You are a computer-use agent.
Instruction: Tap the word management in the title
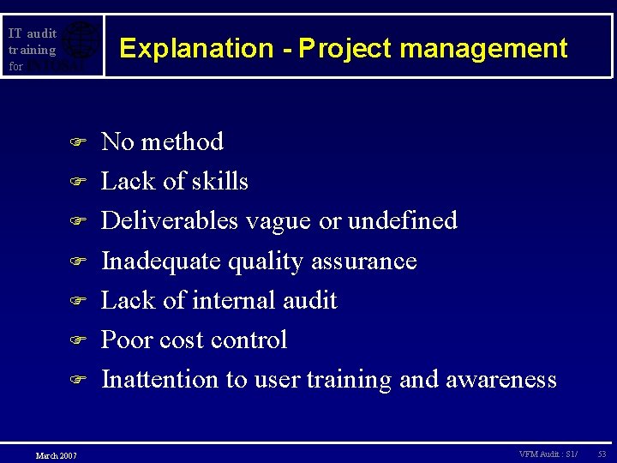pyautogui.click(x=483, y=48)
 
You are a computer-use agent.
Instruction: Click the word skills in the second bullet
pyautogui.click(x=220, y=181)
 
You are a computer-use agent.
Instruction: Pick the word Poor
pyautogui.click(x=125, y=340)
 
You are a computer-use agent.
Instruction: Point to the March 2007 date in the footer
pyautogui.click(x=56, y=454)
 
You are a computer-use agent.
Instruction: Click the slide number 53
pyautogui.click(x=602, y=453)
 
